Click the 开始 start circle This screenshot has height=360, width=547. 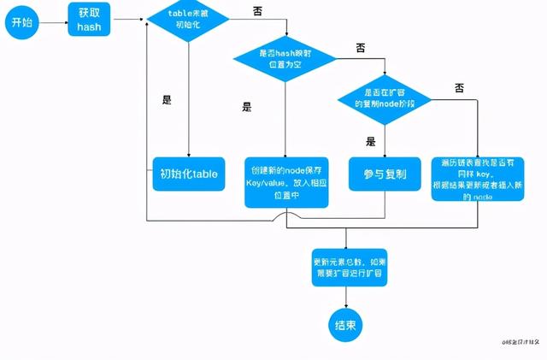21,22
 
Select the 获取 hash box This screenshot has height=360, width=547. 89,18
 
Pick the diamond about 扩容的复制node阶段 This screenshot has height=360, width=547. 384,97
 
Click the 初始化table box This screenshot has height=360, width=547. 188,174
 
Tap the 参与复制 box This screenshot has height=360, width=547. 384,174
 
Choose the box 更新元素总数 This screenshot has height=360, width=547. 348,266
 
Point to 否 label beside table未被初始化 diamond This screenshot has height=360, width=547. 258,10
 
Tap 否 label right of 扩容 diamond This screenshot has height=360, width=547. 459,87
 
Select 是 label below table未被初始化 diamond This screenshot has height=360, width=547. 167,99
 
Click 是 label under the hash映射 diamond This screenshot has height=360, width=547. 247,107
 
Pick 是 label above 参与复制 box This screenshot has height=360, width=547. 370,142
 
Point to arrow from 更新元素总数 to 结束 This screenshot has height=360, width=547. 346,296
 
